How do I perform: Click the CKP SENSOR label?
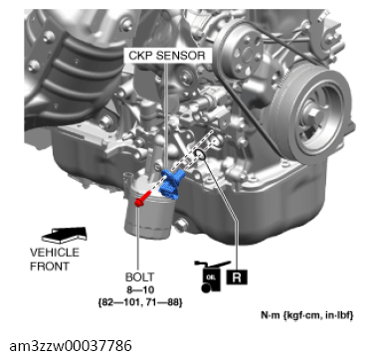pos(167,56)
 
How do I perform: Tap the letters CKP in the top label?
pos(140,56)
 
